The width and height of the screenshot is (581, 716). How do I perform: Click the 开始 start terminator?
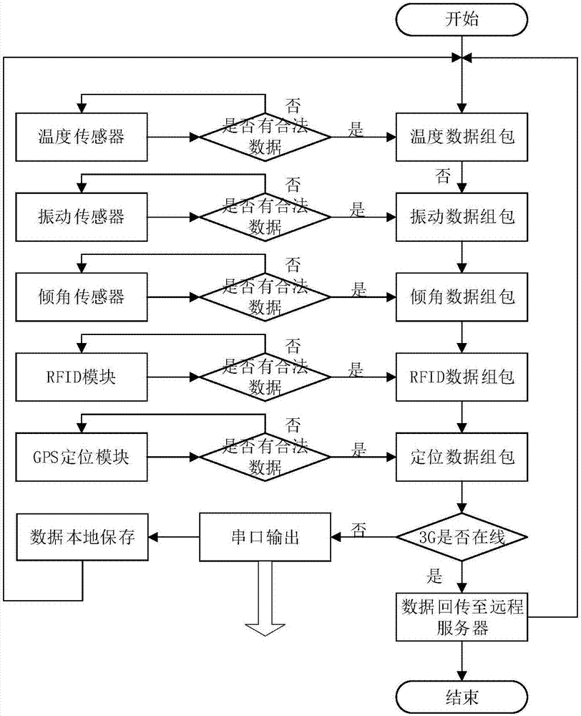464,19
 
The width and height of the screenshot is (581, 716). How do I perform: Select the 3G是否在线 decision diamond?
464,537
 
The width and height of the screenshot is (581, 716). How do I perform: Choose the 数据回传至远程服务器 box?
464,616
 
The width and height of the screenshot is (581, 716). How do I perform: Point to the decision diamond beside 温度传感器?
264,136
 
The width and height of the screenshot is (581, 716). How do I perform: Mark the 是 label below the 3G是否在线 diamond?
434,575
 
